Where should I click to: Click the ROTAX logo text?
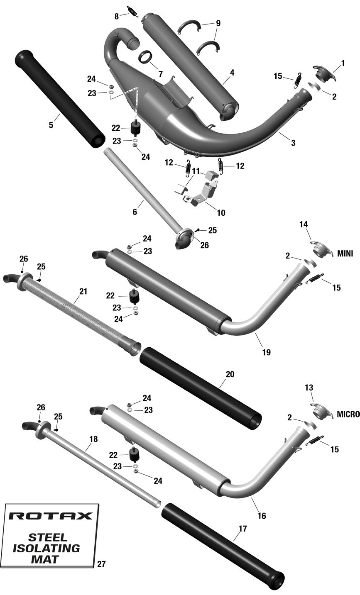[50, 516]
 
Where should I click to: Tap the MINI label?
[345, 254]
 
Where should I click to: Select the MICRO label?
[348, 414]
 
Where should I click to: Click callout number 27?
[101, 564]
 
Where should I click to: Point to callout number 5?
[51, 125]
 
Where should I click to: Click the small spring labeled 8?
[133, 11]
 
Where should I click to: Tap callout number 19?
[267, 352]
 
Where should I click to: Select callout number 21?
[83, 291]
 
